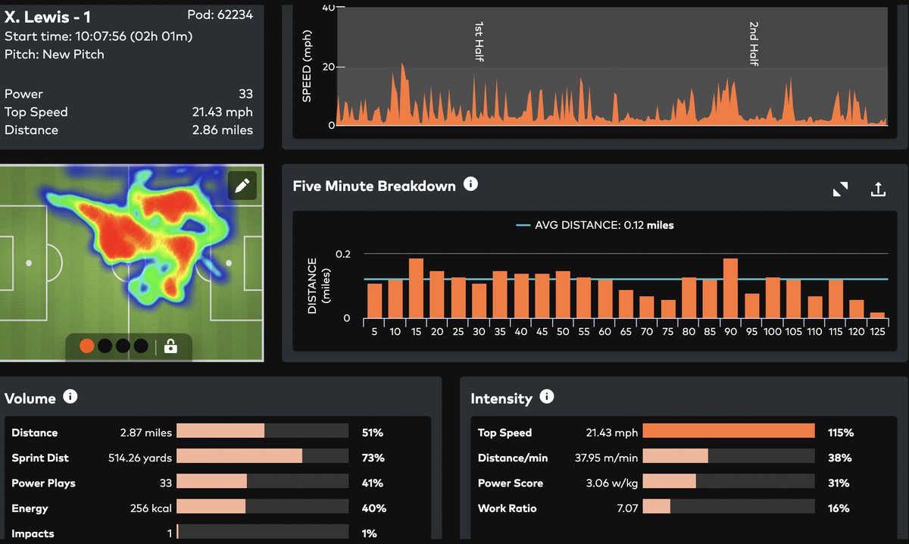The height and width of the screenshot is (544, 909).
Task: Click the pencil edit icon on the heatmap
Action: click(x=242, y=186)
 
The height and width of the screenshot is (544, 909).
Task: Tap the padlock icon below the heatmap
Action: click(x=170, y=346)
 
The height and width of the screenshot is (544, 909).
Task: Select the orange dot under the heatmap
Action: click(x=87, y=346)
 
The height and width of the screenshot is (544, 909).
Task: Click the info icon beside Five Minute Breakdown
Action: click(x=470, y=184)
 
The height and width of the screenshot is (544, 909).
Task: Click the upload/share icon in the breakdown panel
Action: click(x=878, y=189)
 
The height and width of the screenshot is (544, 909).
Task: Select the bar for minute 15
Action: click(x=416, y=288)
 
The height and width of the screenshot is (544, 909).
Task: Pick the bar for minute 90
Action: click(x=730, y=288)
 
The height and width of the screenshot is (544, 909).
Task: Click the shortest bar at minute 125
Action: click(x=877, y=314)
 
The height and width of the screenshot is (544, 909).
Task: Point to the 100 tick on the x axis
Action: click(x=772, y=331)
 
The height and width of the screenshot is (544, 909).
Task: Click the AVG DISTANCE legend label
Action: click(x=604, y=225)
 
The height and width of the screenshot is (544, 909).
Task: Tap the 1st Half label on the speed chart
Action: click(x=479, y=42)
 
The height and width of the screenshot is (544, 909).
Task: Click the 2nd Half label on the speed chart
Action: click(x=754, y=44)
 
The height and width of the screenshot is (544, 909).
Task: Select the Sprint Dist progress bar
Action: click(x=262, y=458)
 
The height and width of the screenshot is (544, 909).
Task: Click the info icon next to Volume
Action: click(x=70, y=397)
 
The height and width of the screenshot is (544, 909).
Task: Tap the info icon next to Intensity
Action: click(x=547, y=397)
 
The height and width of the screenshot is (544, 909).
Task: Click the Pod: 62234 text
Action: click(x=220, y=15)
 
